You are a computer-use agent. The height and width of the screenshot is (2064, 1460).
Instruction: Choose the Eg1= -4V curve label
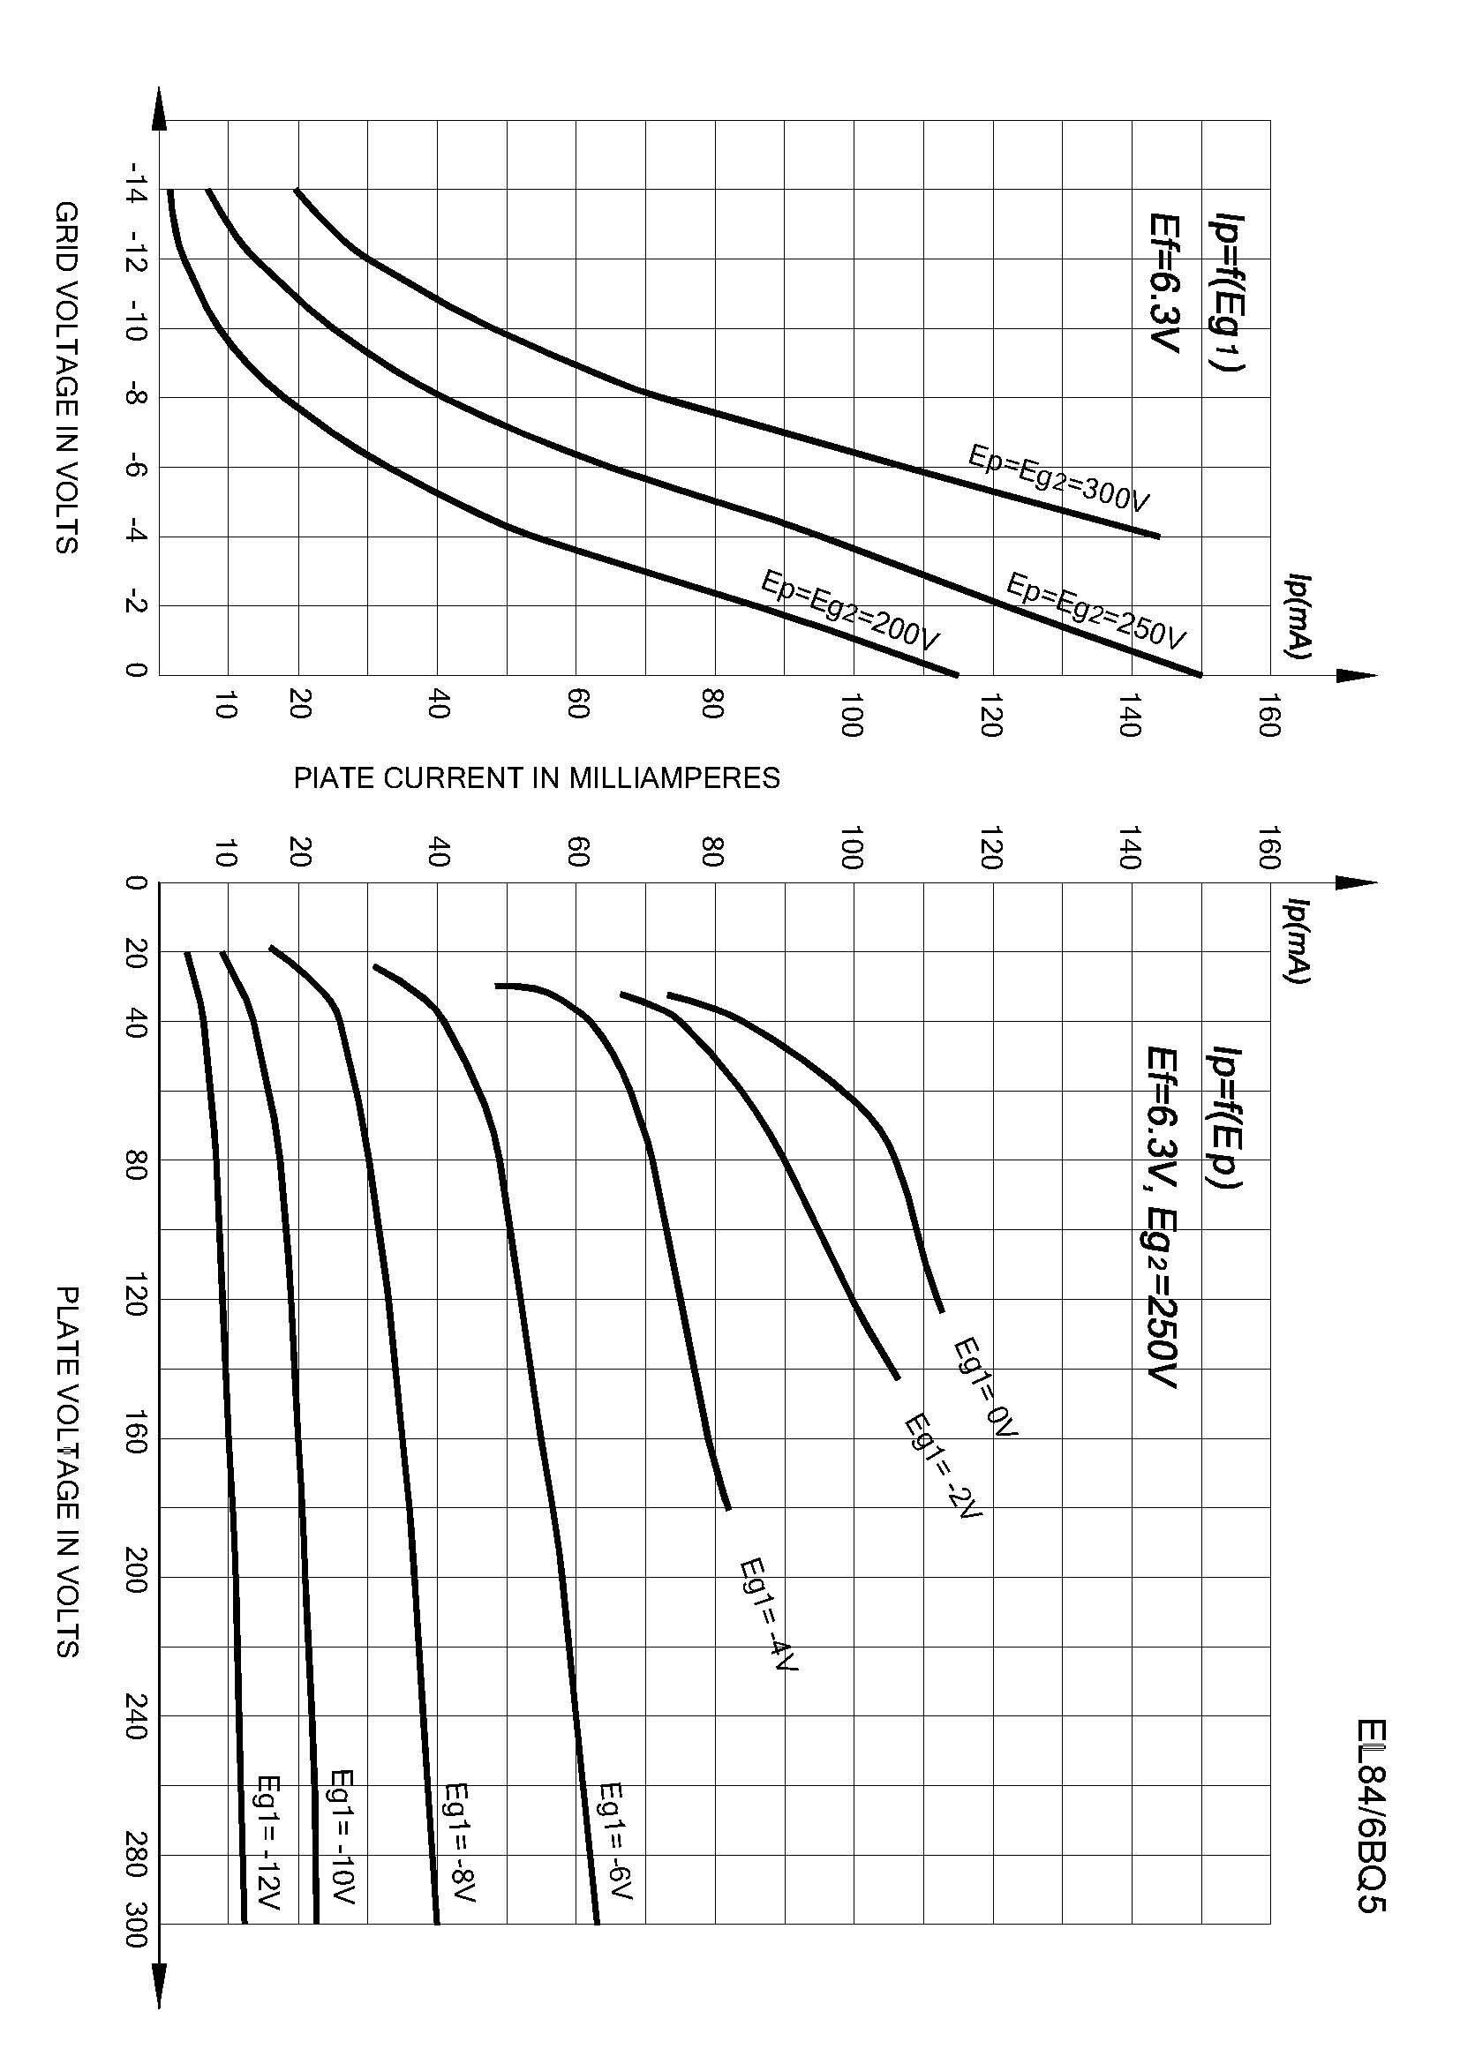pyautogui.click(x=768, y=1614)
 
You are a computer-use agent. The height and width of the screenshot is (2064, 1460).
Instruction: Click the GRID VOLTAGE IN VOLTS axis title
pyautogui.click(x=65, y=378)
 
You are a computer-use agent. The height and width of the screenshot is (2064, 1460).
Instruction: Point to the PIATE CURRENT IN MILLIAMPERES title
pyautogui.click(x=537, y=778)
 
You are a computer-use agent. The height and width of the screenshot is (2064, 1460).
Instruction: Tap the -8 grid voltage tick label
pyautogui.click(x=136, y=397)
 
